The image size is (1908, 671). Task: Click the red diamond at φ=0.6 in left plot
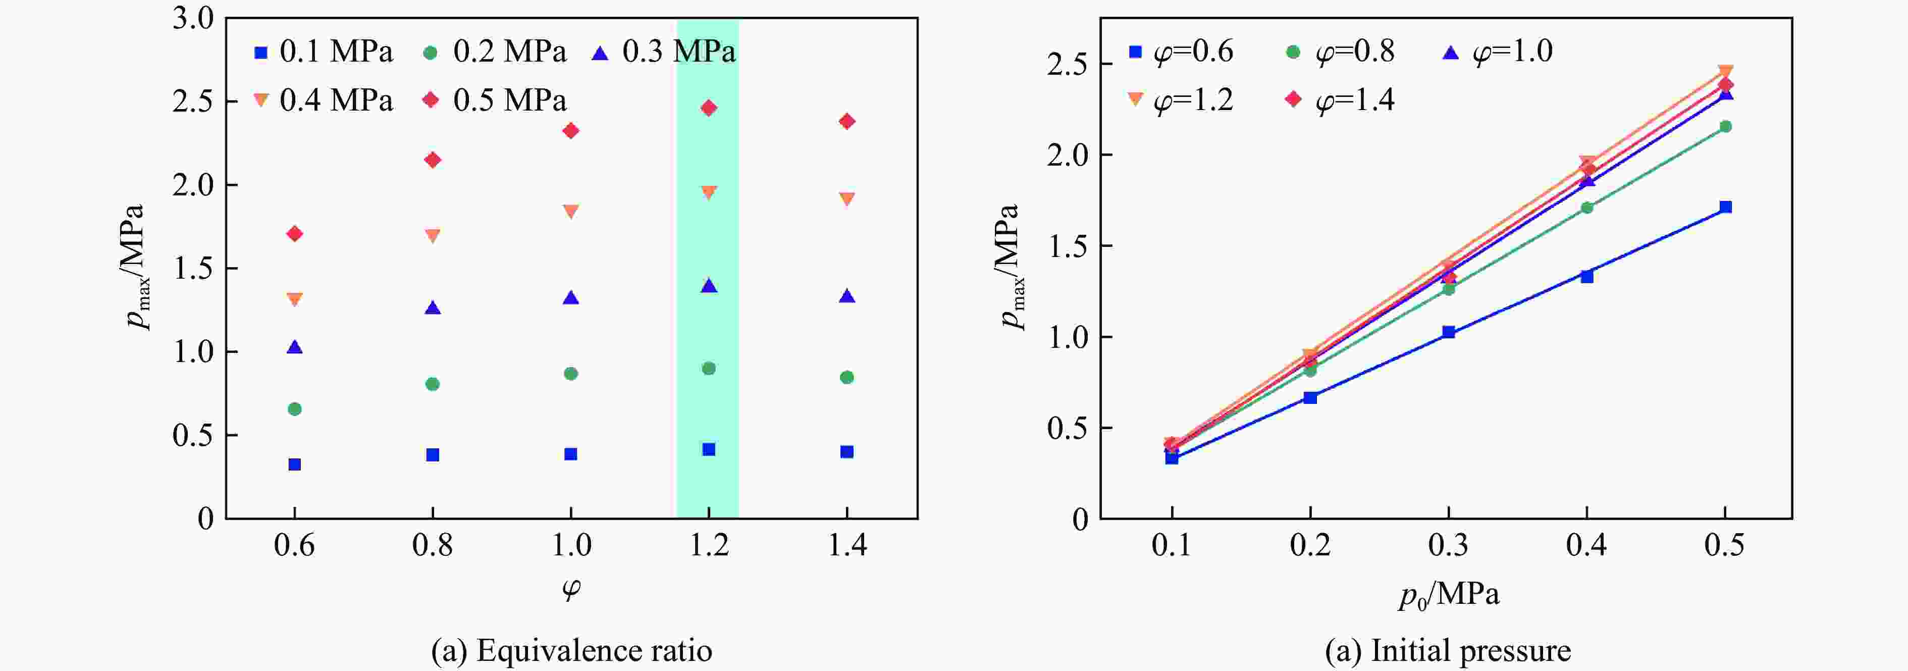click(295, 234)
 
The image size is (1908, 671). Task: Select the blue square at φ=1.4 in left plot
click(846, 452)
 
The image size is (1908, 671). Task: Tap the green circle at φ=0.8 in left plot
click(433, 384)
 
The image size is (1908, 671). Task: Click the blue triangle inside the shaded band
click(709, 286)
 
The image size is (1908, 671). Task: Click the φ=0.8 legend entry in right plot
click(1340, 51)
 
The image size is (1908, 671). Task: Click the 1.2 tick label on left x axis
click(709, 546)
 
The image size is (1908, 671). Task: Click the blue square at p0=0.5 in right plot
click(1725, 207)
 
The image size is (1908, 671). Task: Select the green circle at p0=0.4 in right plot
click(1586, 208)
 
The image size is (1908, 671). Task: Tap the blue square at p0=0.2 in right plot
click(1309, 398)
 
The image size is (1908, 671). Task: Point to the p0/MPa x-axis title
click(1448, 595)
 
